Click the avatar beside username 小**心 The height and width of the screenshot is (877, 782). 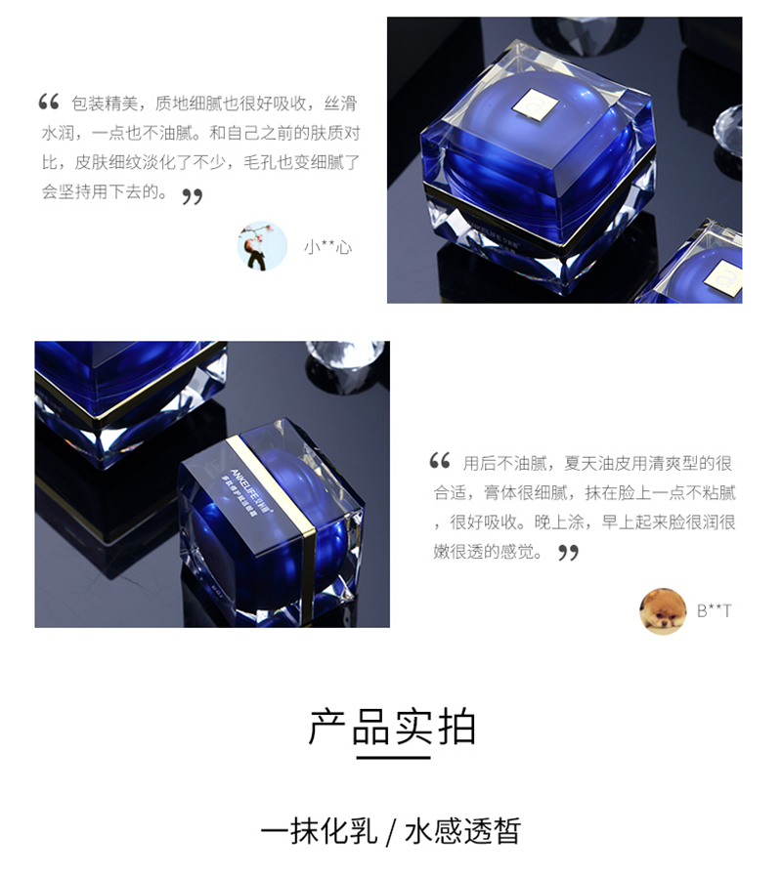262,246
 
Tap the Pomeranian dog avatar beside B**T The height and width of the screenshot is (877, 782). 663,611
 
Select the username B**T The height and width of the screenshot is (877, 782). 714,611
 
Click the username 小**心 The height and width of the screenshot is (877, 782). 327,247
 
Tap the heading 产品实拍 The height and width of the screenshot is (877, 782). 392,727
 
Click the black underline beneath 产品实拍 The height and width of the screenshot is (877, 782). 392,757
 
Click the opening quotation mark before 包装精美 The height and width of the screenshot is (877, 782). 49,102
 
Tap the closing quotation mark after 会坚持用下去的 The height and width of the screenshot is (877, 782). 193,196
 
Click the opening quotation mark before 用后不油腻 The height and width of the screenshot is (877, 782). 440,461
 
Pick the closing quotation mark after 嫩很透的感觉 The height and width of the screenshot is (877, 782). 568,553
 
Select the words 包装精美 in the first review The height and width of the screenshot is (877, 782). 108,103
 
